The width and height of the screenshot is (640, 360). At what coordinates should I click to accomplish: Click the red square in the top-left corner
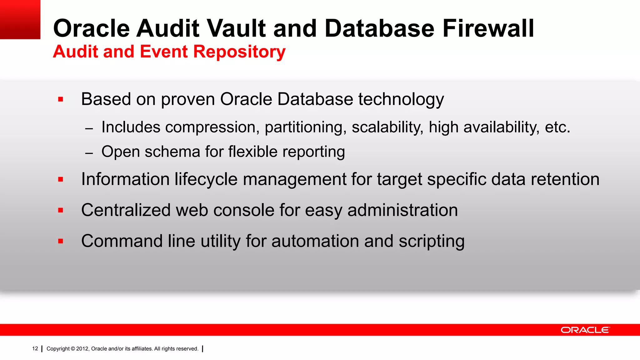pyautogui.click(x=20, y=19)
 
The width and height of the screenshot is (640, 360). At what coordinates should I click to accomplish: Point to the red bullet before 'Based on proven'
pyautogui.click(x=61, y=100)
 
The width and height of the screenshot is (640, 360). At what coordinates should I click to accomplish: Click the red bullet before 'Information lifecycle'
pyautogui.click(x=61, y=179)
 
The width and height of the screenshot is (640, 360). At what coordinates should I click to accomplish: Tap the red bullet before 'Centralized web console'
pyautogui.click(x=61, y=210)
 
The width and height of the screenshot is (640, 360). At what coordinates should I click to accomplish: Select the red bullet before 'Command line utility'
pyautogui.click(x=61, y=241)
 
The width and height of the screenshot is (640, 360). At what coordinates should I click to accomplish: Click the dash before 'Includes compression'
pyautogui.click(x=89, y=128)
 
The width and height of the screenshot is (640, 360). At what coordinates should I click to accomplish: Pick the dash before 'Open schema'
pyautogui.click(x=89, y=153)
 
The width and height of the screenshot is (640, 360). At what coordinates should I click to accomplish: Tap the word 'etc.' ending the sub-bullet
pyautogui.click(x=557, y=127)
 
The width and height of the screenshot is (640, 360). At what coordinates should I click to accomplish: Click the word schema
pyautogui.click(x=172, y=152)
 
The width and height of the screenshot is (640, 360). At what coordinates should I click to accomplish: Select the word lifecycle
pyautogui.click(x=206, y=179)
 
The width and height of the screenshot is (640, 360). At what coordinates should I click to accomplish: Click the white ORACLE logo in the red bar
pyautogui.click(x=585, y=330)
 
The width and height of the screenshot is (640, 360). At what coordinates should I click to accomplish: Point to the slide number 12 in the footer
pyautogui.click(x=35, y=348)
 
